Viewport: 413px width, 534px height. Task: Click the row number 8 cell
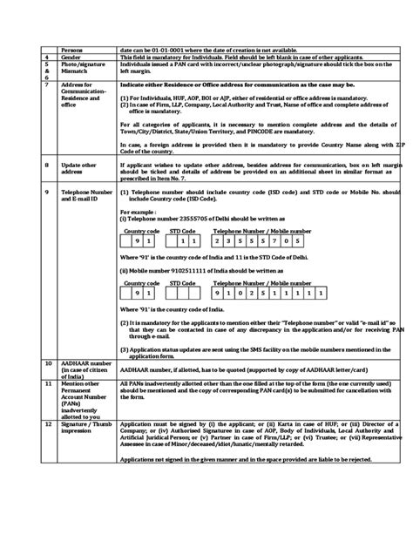point(47,166)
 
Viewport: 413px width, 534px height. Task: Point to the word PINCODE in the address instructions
point(295,131)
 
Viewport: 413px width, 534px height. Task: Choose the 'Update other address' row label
point(79,166)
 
